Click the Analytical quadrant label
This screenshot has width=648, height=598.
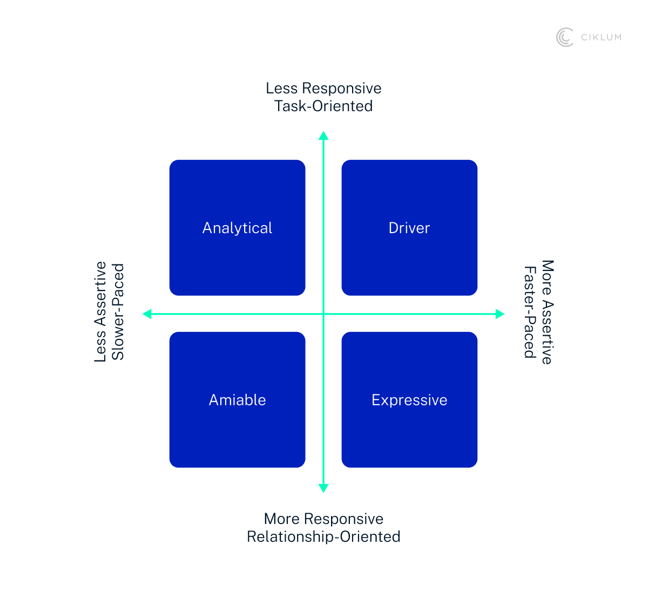[x=237, y=228]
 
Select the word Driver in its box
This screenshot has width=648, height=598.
[x=409, y=228]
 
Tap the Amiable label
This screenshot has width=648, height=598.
[x=237, y=400]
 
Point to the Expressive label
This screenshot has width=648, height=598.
[x=409, y=400]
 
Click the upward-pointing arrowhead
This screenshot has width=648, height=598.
[x=323, y=135]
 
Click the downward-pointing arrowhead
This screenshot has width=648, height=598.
[x=323, y=488]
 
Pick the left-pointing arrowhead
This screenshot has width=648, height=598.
[x=147, y=314]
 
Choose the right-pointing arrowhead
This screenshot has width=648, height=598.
[x=500, y=314]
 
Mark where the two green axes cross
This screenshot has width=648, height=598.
[x=323, y=314]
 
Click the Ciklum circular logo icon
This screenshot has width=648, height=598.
[x=565, y=37]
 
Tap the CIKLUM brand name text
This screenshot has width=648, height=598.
[x=601, y=37]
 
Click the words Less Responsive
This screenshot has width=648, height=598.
[x=323, y=88]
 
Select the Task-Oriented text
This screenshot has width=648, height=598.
[x=323, y=106]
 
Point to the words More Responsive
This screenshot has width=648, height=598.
[x=323, y=519]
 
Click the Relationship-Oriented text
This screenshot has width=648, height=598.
[x=323, y=536]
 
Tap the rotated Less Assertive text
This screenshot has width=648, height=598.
[x=100, y=311]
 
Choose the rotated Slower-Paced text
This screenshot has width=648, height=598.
[x=118, y=311]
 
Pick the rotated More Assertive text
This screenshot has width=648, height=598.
[x=548, y=312]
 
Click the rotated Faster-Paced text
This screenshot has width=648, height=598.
[x=530, y=312]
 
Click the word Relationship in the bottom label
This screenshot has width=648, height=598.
[x=291, y=536]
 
